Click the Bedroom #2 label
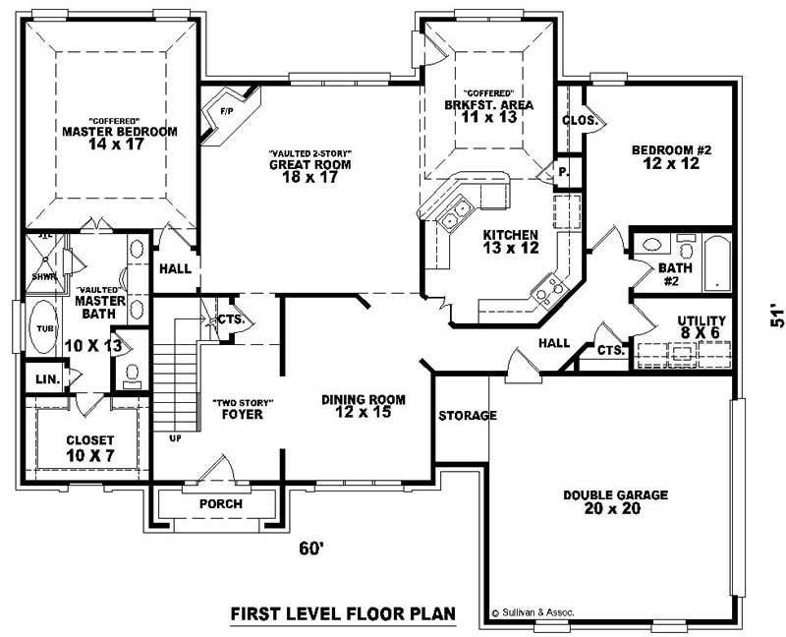(x=670, y=156)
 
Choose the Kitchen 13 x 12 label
(x=509, y=242)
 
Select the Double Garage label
(x=615, y=501)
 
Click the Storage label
(x=467, y=416)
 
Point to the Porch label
(x=220, y=504)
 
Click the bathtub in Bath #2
(x=718, y=262)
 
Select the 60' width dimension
(x=312, y=549)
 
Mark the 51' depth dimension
(x=776, y=317)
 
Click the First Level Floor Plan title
(x=342, y=614)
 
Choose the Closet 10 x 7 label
(x=90, y=447)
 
